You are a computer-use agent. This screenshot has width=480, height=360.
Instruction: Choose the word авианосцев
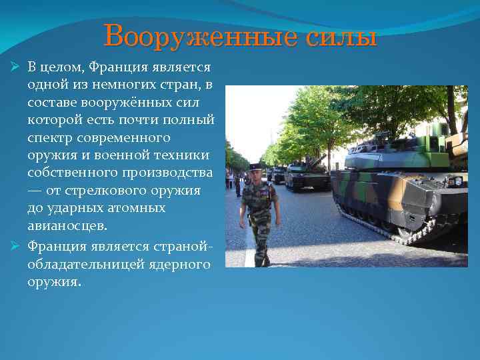point(67,226)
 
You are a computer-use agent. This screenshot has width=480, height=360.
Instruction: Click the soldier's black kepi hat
point(256,166)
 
